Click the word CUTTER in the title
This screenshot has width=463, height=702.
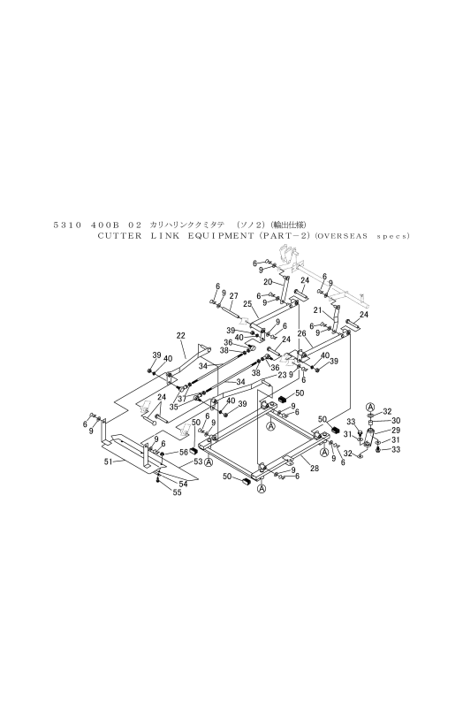coord(119,236)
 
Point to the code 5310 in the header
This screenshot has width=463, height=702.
coord(67,225)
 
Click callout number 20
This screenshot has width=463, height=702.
coord(268,282)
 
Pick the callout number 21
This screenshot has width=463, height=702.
coord(317,310)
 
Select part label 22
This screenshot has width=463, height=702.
coord(181,335)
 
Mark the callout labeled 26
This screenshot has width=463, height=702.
coord(301,333)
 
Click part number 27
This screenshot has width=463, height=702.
coord(233,295)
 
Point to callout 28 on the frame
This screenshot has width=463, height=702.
coord(315,469)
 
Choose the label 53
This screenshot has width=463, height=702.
coord(198,461)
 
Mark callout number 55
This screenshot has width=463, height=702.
coord(177,492)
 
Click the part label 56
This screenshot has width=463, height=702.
coord(184,453)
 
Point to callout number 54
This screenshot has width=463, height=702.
coord(184,484)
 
